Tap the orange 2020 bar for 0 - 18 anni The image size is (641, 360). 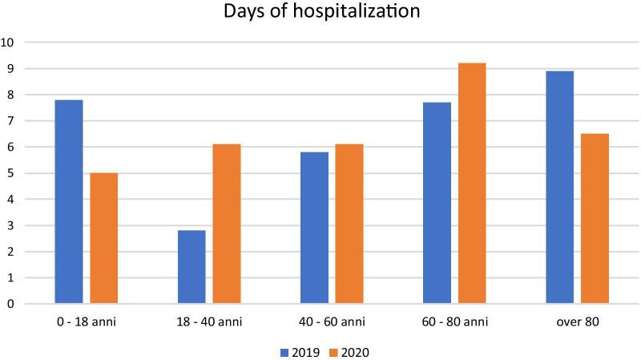[x=103, y=238]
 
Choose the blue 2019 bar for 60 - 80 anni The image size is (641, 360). [x=437, y=203]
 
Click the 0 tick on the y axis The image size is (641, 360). [x=10, y=304]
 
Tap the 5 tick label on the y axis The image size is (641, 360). [x=10, y=173]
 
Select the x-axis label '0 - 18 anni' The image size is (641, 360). [x=86, y=322]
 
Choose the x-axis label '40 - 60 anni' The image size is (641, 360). [x=331, y=322]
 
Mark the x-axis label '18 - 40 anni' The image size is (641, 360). [x=208, y=322]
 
